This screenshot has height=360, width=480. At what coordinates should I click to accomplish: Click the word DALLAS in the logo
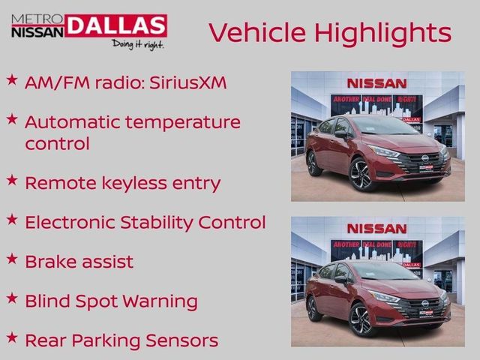(x=116, y=25)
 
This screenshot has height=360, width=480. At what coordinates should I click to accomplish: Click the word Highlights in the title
(x=383, y=32)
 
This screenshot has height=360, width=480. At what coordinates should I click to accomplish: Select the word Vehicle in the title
(x=256, y=32)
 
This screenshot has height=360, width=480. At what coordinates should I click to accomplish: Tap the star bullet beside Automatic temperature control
(x=12, y=118)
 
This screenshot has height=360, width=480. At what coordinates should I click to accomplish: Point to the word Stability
(x=157, y=223)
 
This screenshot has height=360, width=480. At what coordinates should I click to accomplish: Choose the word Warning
(x=161, y=301)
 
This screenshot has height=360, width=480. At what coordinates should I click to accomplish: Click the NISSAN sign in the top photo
(x=376, y=83)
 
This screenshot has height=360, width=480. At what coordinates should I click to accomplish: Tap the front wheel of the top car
(x=361, y=175)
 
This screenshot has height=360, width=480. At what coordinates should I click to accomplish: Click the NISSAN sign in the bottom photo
(x=376, y=228)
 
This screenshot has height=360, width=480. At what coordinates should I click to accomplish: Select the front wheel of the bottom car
(x=361, y=319)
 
